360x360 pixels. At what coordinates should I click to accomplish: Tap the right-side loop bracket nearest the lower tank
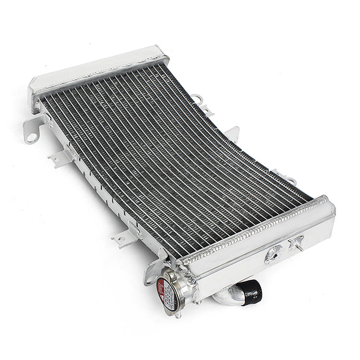[x=280, y=174]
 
